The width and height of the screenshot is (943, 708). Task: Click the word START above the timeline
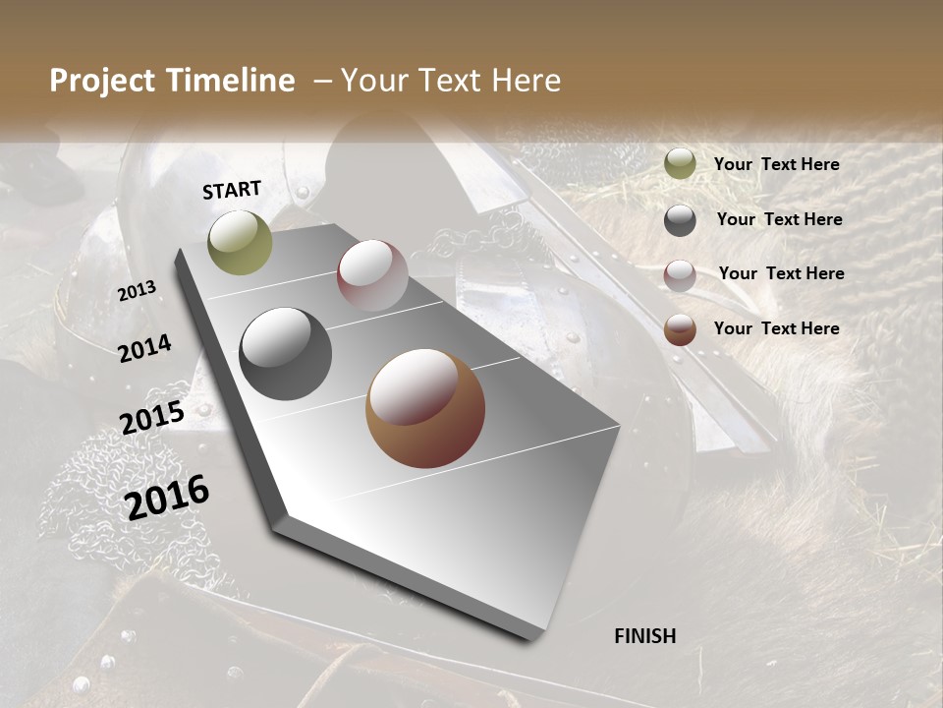click(x=232, y=190)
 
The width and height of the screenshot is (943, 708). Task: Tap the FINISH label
click(x=645, y=636)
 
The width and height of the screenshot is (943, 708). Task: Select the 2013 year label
click(x=137, y=291)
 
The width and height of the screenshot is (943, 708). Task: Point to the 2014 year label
click(x=144, y=348)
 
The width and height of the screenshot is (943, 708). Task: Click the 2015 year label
click(x=151, y=418)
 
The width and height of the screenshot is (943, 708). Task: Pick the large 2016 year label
click(x=167, y=497)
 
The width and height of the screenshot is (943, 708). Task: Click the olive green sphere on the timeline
click(x=240, y=242)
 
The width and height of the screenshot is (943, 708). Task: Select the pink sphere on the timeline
click(x=372, y=275)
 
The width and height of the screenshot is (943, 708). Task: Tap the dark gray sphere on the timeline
click(x=286, y=354)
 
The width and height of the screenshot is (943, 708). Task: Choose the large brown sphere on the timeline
click(x=425, y=409)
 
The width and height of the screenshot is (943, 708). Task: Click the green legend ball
click(x=680, y=164)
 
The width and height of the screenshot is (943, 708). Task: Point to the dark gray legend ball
click(x=680, y=220)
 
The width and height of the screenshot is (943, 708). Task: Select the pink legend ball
click(x=680, y=275)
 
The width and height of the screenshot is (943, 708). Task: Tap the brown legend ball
click(x=680, y=329)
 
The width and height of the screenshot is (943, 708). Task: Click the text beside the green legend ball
click(x=776, y=164)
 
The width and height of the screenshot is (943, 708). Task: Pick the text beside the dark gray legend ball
click(x=779, y=219)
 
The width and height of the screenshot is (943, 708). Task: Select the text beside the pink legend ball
click(x=781, y=273)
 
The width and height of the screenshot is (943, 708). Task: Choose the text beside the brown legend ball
click(x=776, y=328)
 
